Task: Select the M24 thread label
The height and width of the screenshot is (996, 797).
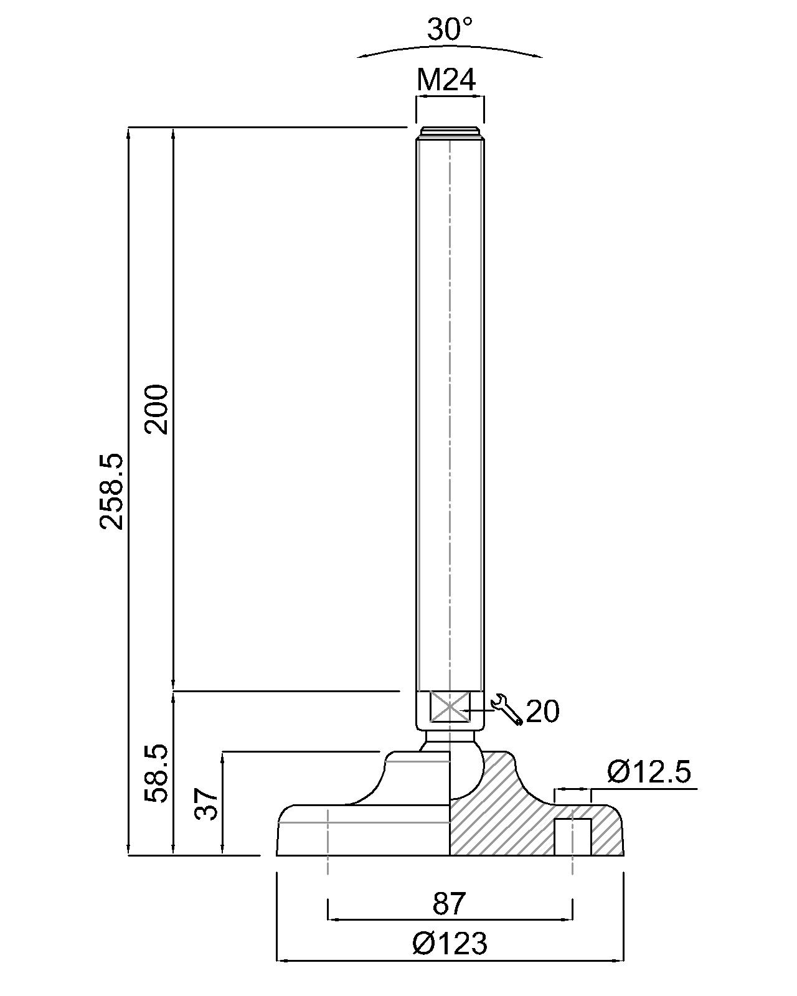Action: coord(446,80)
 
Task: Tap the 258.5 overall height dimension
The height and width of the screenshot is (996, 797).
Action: coord(111,491)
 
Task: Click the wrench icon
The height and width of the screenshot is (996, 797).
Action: coord(507,708)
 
